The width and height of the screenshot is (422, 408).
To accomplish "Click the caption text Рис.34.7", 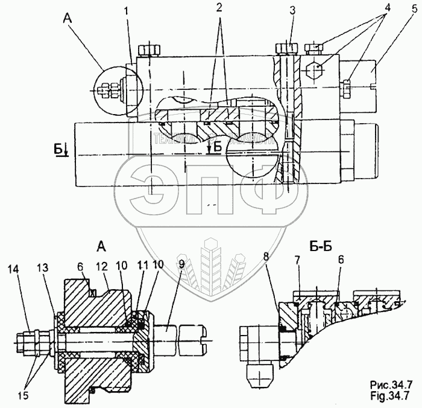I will point(392,386).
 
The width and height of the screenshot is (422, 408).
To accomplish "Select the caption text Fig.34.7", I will point(392,395).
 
